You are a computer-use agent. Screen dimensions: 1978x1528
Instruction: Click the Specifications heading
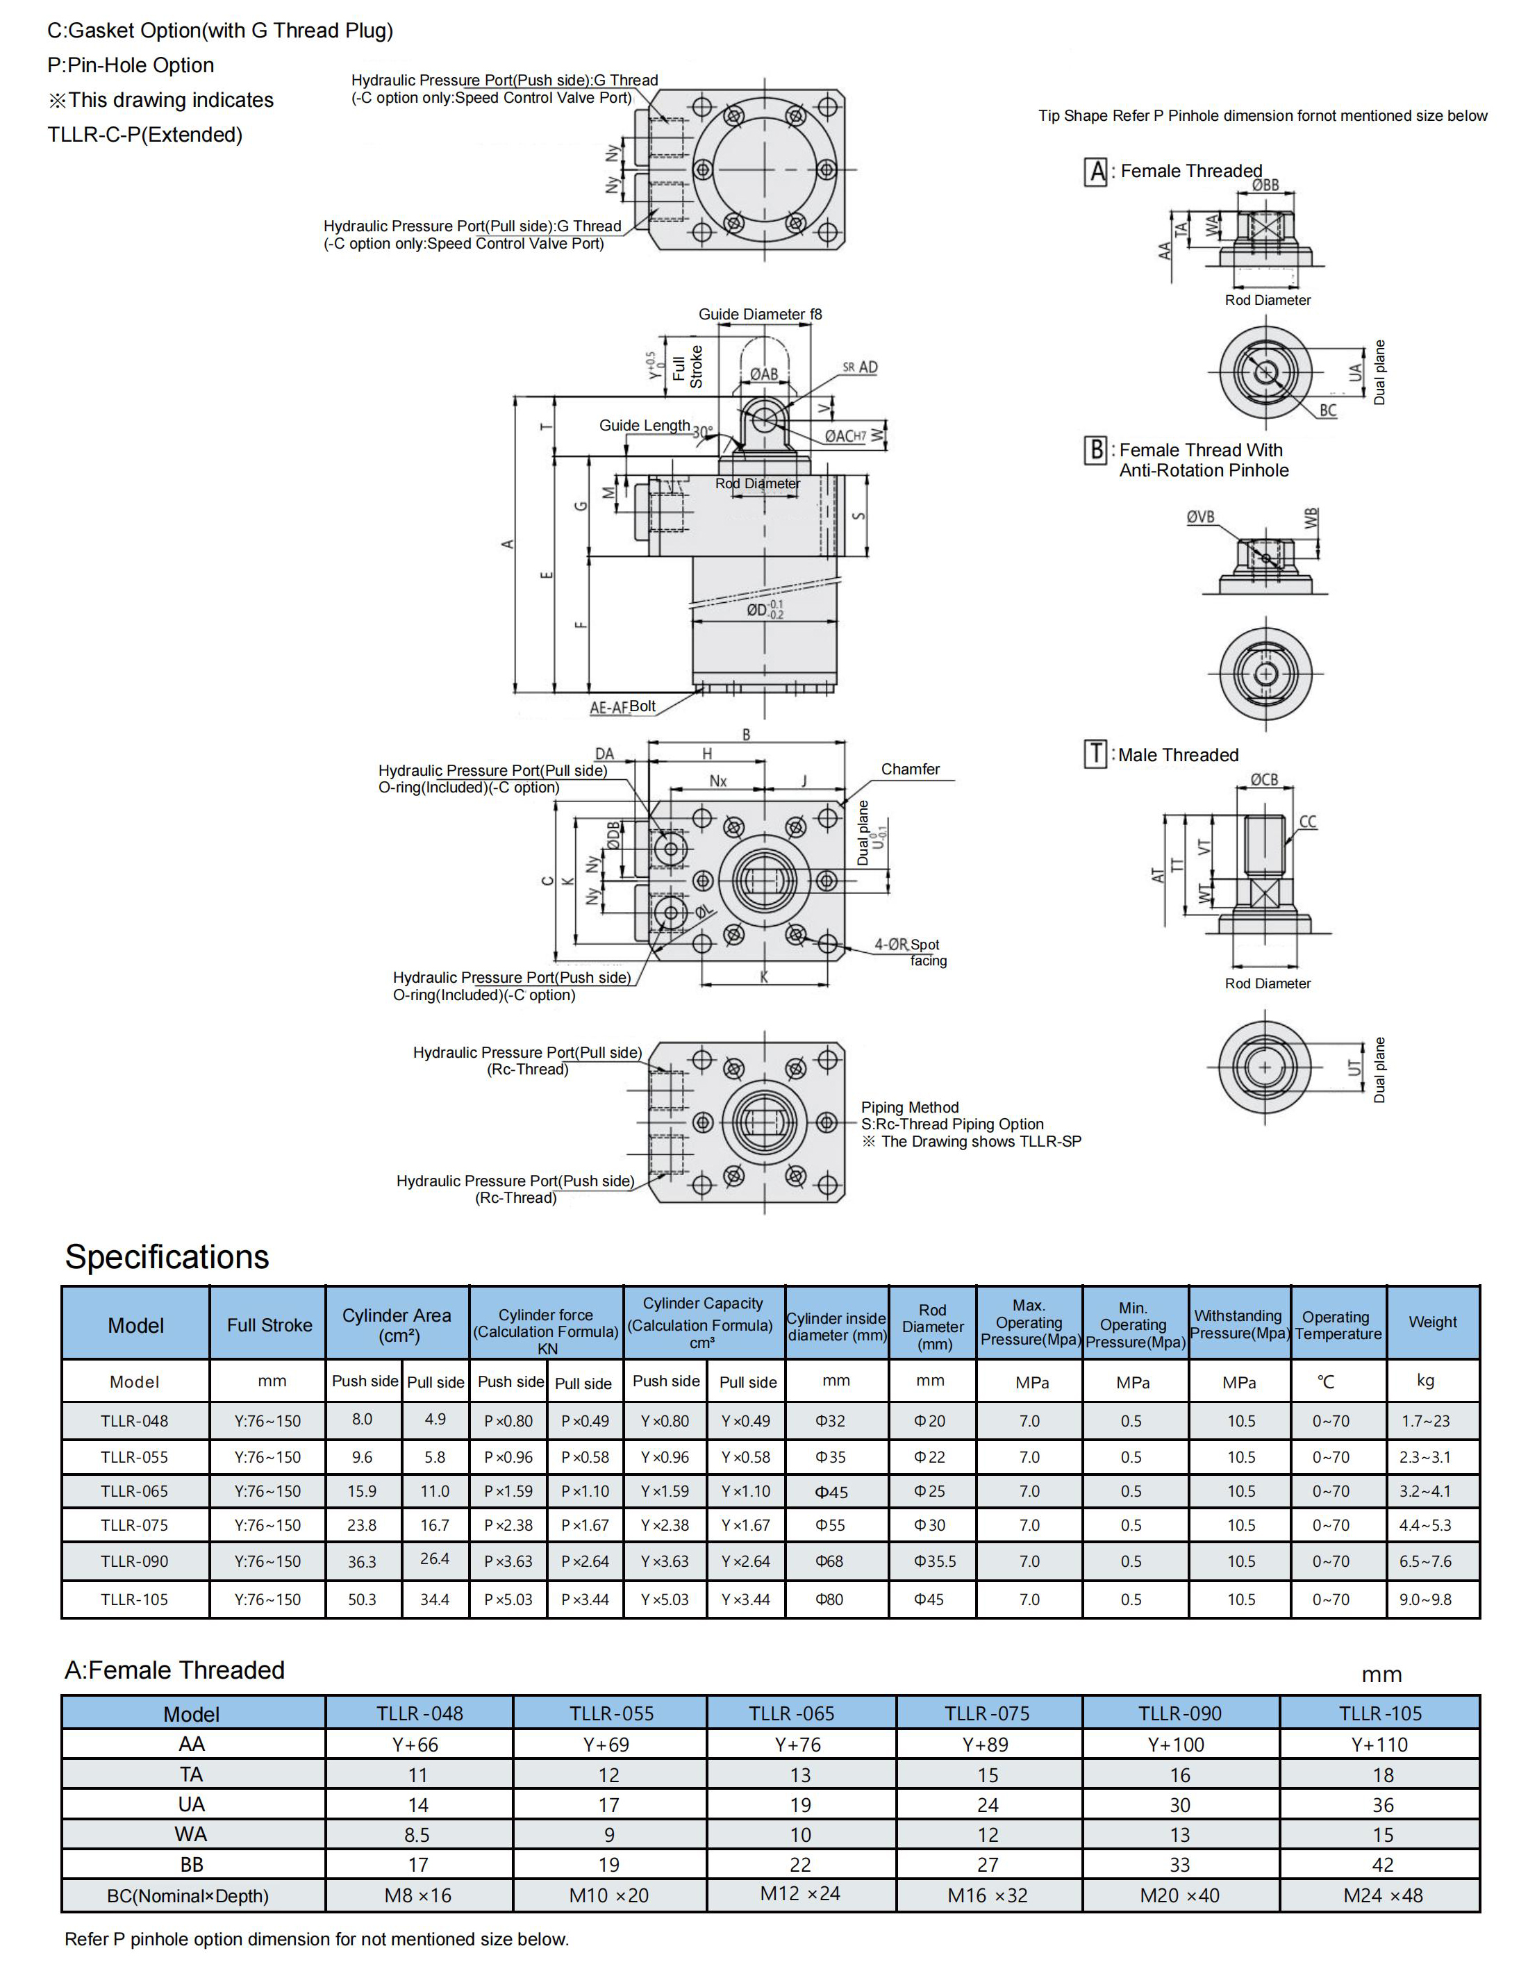point(167,1256)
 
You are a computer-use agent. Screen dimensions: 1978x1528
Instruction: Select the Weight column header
point(1432,1322)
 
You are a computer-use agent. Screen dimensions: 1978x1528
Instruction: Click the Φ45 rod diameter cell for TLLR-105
point(929,1599)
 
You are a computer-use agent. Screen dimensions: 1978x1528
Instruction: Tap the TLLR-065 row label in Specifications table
point(134,1490)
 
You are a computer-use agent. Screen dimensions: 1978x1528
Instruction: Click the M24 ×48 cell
point(1382,1895)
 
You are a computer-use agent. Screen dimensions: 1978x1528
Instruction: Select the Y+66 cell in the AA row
point(417,1745)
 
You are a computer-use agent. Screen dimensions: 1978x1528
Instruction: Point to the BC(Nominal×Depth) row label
point(188,1895)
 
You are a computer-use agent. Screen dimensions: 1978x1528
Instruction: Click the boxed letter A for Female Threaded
point(1096,171)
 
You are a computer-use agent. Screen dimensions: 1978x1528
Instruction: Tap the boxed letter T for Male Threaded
point(1095,754)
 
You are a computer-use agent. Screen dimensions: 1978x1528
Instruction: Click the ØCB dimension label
point(1265,780)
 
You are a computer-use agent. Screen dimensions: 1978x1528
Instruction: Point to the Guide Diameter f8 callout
point(760,314)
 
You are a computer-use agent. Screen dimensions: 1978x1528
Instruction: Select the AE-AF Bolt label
point(622,707)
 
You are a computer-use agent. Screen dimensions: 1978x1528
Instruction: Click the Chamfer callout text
point(911,769)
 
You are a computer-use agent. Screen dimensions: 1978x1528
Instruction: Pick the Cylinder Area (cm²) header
point(397,1324)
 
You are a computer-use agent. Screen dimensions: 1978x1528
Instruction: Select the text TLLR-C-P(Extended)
point(145,135)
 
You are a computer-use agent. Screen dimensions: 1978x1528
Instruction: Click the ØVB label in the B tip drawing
point(1200,517)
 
